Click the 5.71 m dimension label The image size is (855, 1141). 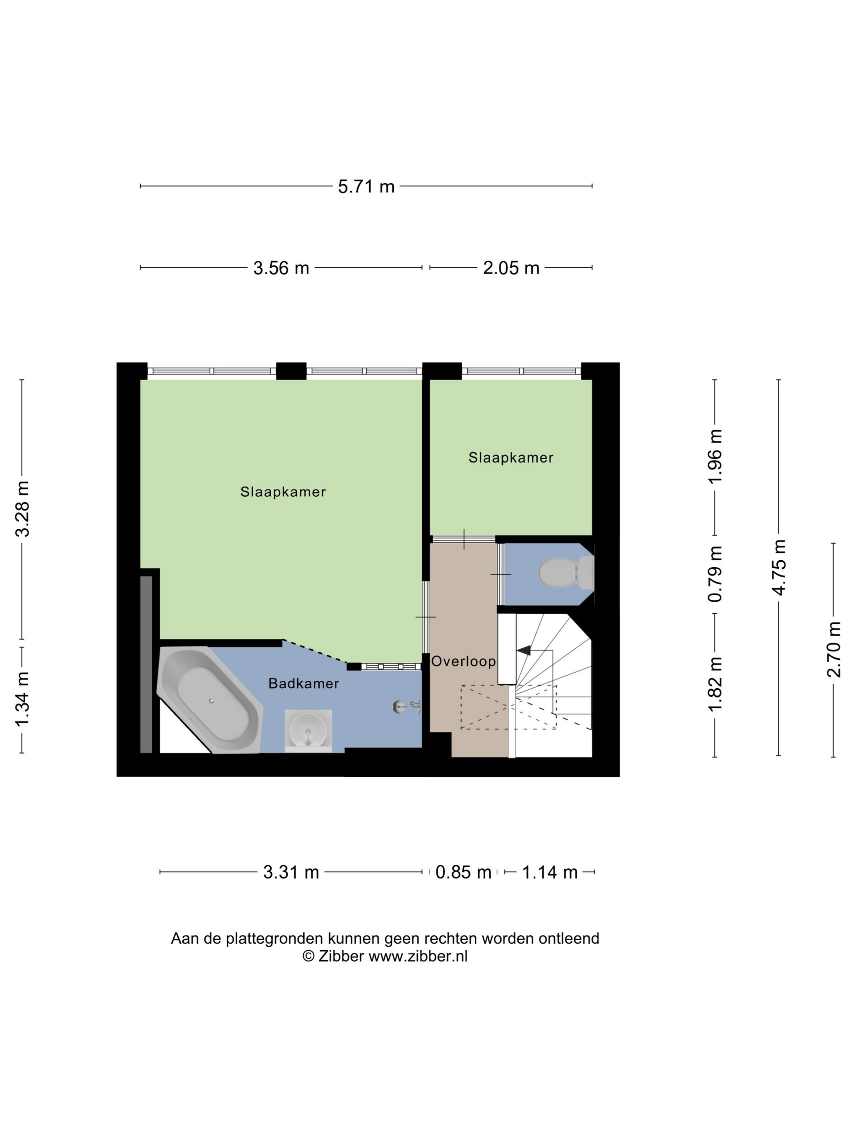(366, 187)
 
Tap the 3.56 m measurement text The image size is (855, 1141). (281, 268)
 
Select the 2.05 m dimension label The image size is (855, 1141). (511, 268)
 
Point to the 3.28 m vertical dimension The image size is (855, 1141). (23, 509)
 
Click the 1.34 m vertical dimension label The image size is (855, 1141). (23, 699)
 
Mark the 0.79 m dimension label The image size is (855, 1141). (715, 574)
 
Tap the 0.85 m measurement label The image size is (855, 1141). (463, 873)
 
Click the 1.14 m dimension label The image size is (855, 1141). (550, 873)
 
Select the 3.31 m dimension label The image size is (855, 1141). (291, 873)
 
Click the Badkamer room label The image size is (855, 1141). (304, 684)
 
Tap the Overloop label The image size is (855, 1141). (463, 661)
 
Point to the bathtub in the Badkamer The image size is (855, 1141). (210, 700)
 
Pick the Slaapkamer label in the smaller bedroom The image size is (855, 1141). (511, 458)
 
